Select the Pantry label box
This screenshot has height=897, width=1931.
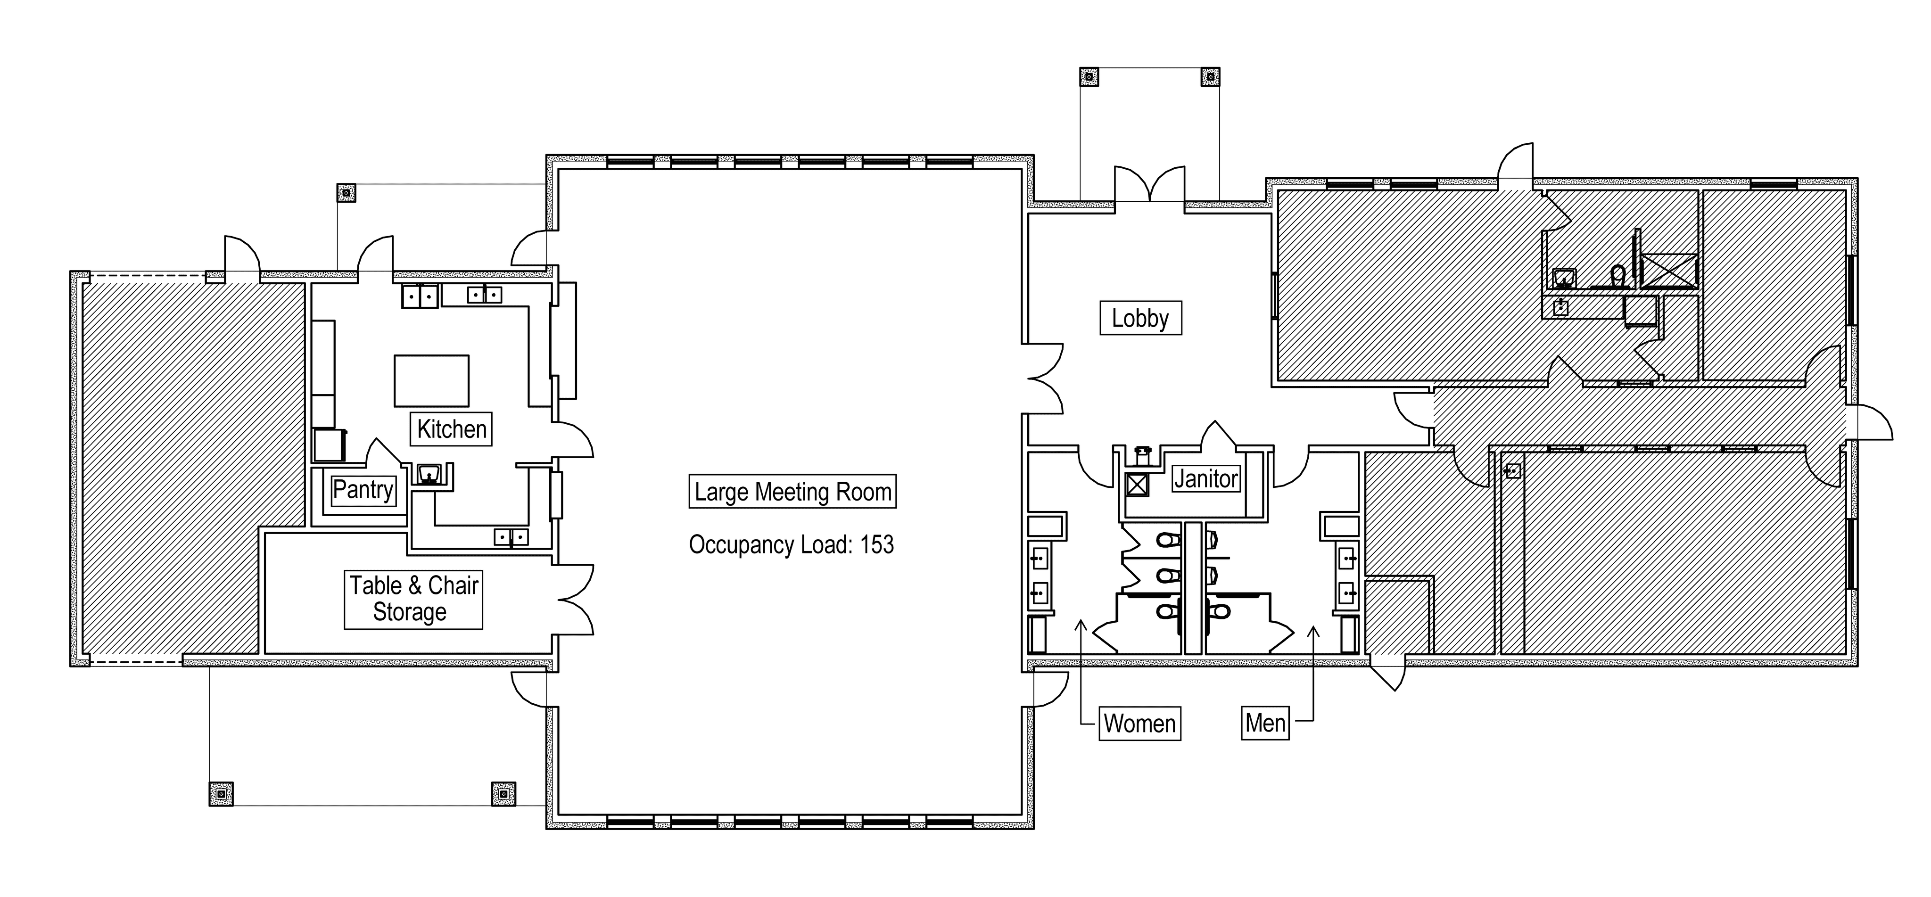coord(363,489)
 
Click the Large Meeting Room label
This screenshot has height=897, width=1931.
coord(792,492)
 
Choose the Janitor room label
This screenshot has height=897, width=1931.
coord(1206,478)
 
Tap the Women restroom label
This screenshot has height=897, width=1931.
coord(1139,723)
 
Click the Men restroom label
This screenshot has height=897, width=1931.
coord(1265,723)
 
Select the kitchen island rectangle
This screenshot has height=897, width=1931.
coord(432,381)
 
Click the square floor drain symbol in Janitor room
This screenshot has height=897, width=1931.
coord(1137,485)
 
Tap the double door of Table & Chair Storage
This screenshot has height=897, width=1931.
coord(576,600)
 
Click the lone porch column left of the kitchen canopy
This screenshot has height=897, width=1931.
coord(346,193)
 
